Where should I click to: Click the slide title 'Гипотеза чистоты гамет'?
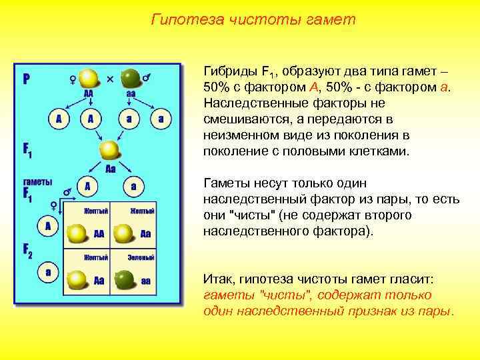(253, 20)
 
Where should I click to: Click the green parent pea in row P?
(131, 77)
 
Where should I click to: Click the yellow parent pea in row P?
(87, 77)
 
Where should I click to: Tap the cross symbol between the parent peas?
(110, 79)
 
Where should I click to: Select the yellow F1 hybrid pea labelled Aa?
(109, 149)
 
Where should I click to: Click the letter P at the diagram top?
(27, 79)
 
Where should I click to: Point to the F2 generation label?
(28, 251)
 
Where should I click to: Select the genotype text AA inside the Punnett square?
(99, 234)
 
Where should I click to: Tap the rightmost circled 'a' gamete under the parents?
(160, 119)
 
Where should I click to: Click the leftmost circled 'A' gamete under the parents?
(59, 119)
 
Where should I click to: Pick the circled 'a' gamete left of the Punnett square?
(47, 273)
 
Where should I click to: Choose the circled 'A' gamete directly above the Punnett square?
(87, 186)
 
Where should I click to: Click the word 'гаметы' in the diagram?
(35, 181)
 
